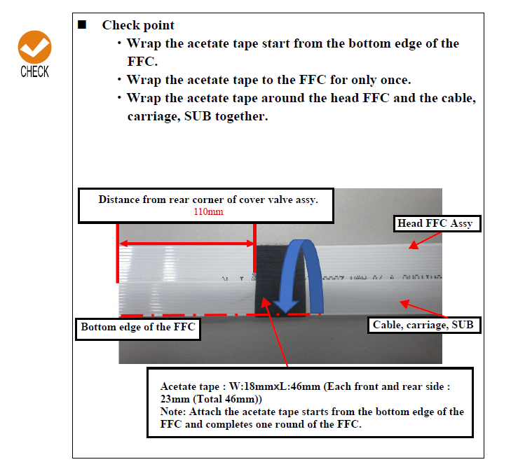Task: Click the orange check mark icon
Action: [x=34, y=48]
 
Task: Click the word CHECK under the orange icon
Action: [x=34, y=71]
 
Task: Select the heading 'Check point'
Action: [x=138, y=25]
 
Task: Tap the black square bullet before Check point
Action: [x=82, y=24]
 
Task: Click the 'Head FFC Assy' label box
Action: [x=435, y=224]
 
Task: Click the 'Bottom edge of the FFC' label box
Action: [x=137, y=327]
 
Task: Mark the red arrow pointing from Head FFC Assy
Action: [x=423, y=240]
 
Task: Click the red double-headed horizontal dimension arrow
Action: [x=186, y=244]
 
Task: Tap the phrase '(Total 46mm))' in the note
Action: [x=213, y=399]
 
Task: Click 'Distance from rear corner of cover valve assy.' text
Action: [x=207, y=199]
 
